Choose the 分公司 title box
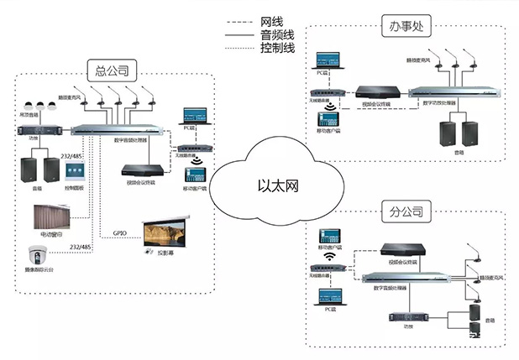[405, 210]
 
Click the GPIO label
[120, 232]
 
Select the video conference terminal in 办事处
[372, 93]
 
